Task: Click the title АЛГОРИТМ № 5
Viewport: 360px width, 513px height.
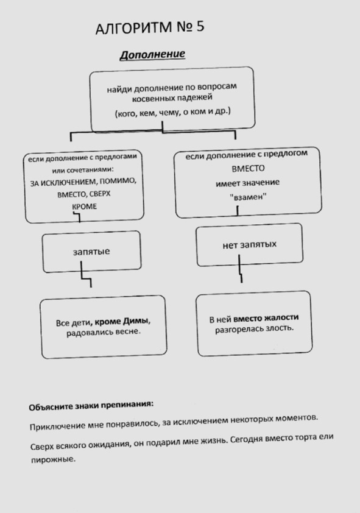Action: point(150,27)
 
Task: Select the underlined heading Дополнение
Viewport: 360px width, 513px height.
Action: point(152,54)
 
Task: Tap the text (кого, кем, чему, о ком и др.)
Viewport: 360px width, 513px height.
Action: point(172,112)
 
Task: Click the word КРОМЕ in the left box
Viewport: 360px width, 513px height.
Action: point(84,207)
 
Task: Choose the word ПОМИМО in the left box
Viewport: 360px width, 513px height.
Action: point(118,181)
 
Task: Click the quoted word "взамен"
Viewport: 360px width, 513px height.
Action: point(248,197)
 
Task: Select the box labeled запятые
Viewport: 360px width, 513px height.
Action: point(91,252)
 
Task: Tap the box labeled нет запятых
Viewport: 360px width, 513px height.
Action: point(250,245)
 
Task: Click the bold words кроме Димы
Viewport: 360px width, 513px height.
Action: point(122,322)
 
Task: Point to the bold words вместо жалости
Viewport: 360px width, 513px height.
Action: point(266,317)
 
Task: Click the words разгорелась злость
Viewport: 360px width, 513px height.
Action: point(254,329)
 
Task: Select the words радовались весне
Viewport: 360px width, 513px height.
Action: point(104,333)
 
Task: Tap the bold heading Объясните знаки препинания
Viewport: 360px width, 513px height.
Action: point(91,406)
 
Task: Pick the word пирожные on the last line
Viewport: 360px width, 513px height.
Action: point(53,459)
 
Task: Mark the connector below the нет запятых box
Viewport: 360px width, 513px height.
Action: point(241,269)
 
